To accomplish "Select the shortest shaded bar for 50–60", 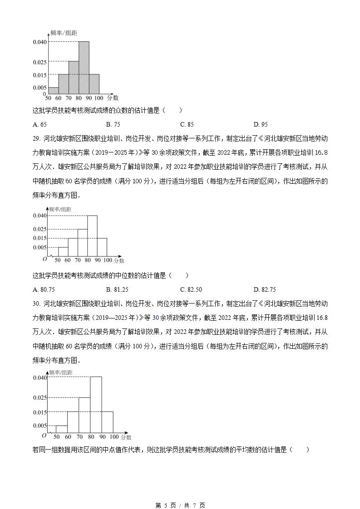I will coord(53,91).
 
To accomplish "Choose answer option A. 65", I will coord(40,124).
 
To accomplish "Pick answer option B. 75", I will coord(113,124).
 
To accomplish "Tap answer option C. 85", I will coord(187,124).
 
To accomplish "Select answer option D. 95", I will coord(261,124).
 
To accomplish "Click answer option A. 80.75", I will coord(44,289).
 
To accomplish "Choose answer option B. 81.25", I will coord(117,289).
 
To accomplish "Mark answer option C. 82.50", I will coord(191,289).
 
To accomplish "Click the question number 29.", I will coord(36,139).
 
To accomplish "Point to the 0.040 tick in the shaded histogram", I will coord(39,42).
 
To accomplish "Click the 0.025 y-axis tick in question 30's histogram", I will coord(39,397).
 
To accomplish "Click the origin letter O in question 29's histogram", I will coord(44,259).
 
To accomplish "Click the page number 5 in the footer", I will coord(166,505).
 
